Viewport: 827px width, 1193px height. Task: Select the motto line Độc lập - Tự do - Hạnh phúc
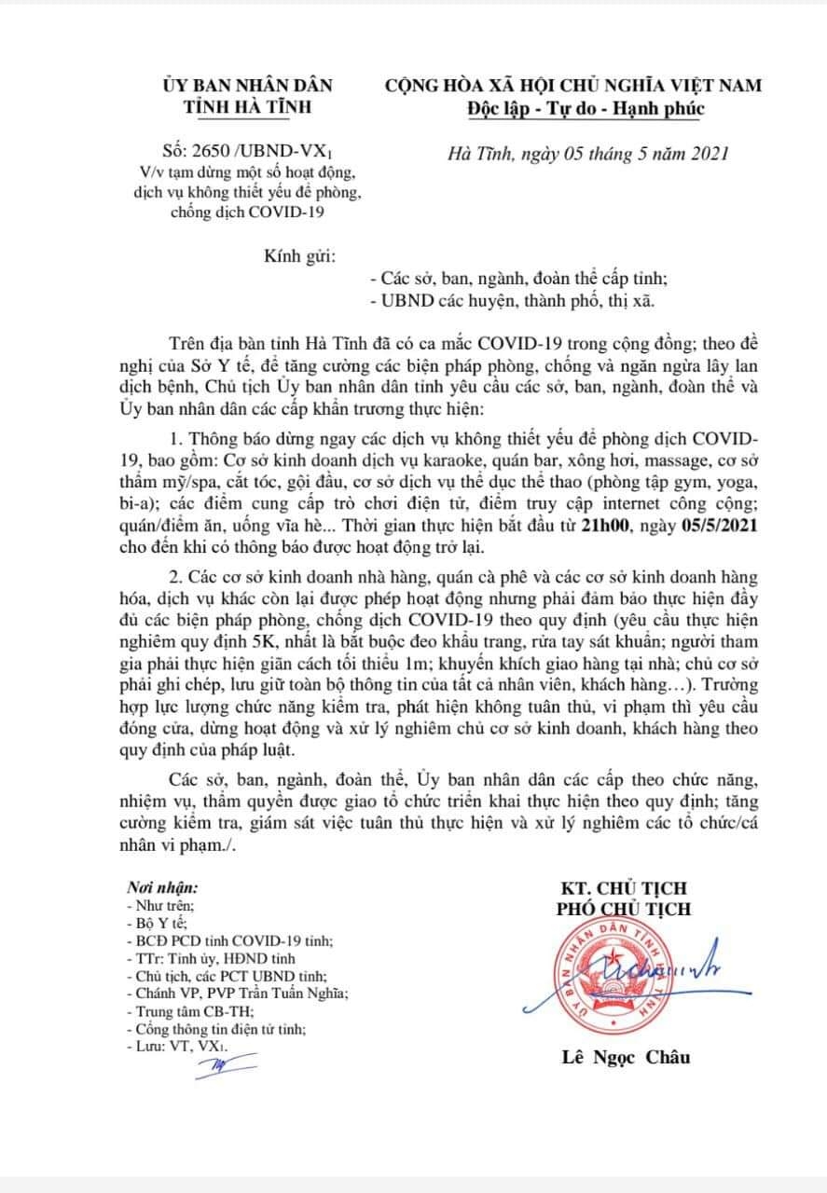tap(587, 108)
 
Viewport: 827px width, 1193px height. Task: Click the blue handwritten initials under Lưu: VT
tap(213, 1067)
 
